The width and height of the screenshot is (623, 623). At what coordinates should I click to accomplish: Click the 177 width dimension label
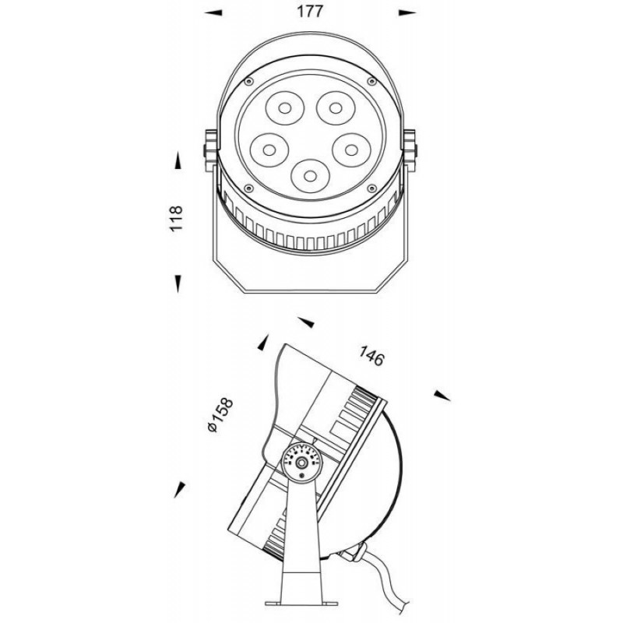click(x=310, y=12)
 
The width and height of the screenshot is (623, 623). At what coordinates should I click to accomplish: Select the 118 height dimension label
click(x=176, y=218)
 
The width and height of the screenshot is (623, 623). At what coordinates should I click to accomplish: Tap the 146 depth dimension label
click(x=372, y=356)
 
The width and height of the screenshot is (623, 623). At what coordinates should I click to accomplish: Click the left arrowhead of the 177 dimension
click(x=213, y=13)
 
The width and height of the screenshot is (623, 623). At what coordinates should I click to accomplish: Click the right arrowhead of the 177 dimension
click(x=407, y=13)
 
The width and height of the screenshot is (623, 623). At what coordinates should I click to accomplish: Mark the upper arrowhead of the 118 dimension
click(x=178, y=160)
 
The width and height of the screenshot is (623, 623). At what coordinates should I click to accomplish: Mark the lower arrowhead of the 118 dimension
click(x=178, y=283)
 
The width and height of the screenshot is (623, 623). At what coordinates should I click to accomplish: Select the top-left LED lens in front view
click(x=285, y=107)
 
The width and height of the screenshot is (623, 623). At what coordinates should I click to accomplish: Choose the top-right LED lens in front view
click(x=336, y=107)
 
